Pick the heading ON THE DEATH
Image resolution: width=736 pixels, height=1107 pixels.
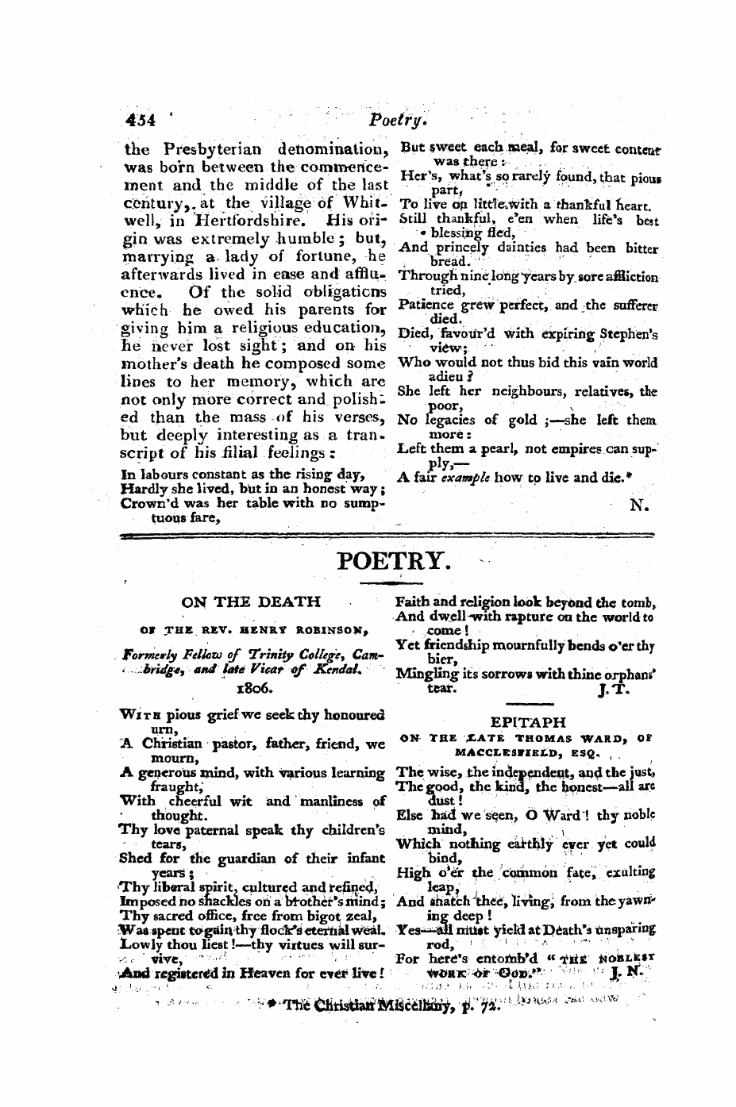click(251, 602)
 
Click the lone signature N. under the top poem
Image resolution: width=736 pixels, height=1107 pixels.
click(640, 505)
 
